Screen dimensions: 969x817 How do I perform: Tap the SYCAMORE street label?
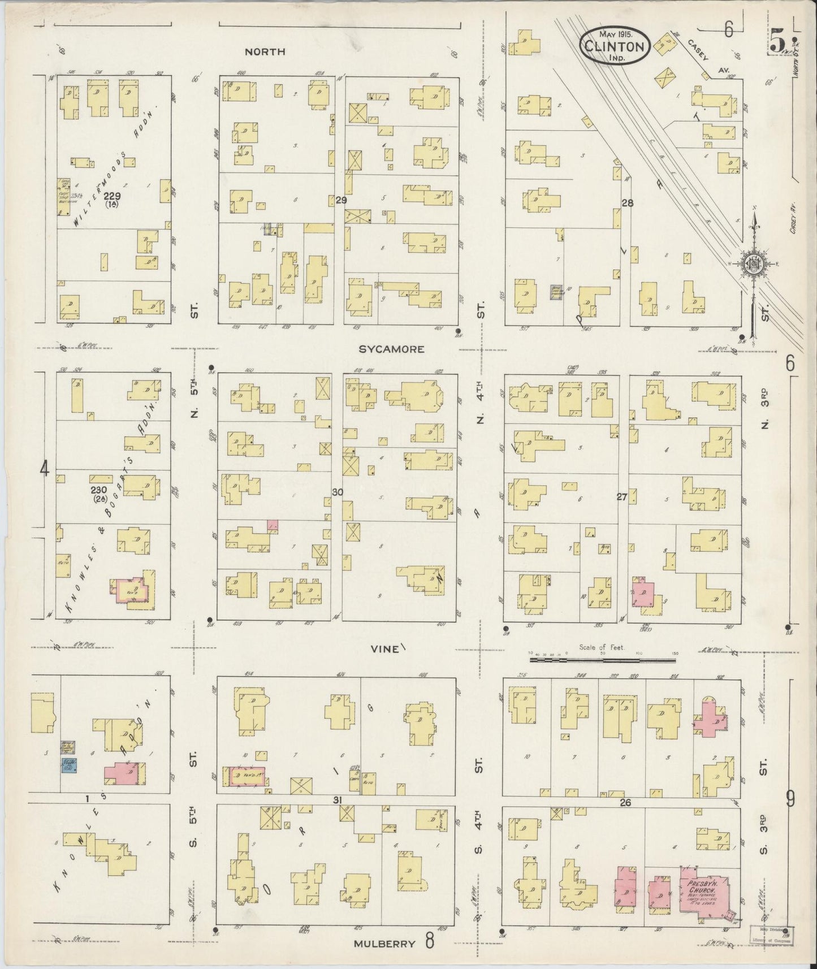392,349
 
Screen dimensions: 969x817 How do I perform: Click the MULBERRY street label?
386,944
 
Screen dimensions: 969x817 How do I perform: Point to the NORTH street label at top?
265,51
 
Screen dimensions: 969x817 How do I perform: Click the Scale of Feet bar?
604,659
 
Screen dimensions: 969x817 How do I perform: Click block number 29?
340,200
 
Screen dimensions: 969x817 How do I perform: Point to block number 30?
337,492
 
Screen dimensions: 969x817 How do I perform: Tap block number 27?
622,498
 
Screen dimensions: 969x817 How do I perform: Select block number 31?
337,799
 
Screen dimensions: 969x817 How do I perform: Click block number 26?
624,802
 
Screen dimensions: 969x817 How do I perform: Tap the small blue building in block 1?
69,765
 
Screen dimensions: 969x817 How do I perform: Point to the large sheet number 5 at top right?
779,40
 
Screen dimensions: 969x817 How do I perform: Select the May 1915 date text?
615,35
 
